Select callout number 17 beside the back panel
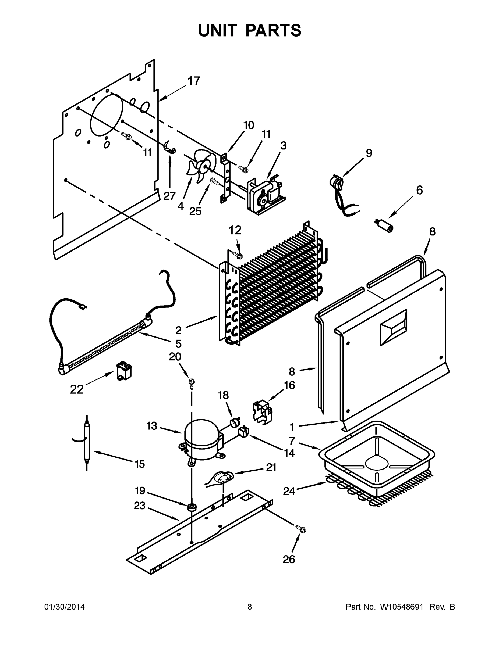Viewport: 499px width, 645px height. coord(194,81)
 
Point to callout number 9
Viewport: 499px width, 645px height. coord(369,153)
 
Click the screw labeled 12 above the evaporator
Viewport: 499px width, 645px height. coord(238,255)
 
